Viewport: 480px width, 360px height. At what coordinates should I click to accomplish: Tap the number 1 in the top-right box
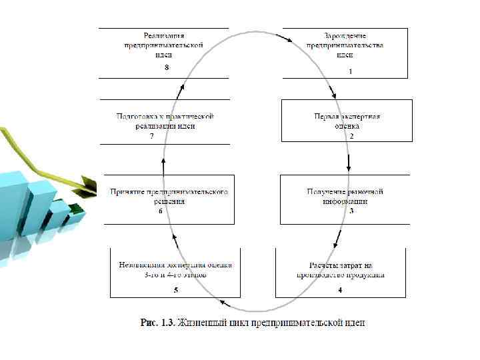coord(349,71)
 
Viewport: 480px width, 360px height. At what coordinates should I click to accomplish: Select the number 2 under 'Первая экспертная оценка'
coord(351,136)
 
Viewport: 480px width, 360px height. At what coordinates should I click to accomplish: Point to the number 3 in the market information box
coord(351,211)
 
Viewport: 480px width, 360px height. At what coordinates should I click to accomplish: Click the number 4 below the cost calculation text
coord(340,290)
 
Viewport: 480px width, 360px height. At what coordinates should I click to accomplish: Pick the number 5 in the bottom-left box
coord(175,290)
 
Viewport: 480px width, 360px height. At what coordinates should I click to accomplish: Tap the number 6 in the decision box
coord(160,211)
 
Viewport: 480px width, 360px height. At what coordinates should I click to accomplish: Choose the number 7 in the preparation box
coord(152,136)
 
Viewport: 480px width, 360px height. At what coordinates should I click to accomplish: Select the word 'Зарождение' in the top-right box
coord(345,35)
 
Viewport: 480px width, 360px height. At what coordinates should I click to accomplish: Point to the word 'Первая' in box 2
coord(327,116)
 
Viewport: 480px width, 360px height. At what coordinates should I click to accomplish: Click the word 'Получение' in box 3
coord(325,191)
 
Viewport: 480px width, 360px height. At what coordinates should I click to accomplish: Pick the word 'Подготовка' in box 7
coord(136,116)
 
